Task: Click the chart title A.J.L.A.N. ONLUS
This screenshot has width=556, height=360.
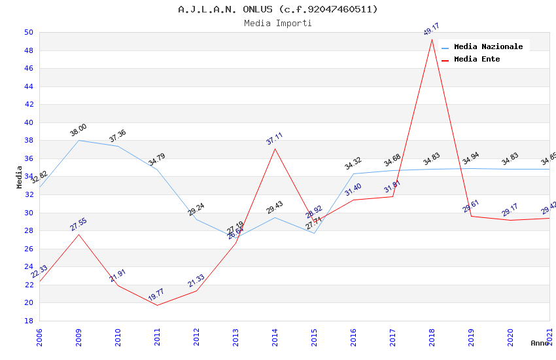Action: (x=278, y=9)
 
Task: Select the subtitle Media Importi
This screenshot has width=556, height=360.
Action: (x=278, y=23)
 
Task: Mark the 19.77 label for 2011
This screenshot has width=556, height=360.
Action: (x=156, y=295)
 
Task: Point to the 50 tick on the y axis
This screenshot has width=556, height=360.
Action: (x=28, y=32)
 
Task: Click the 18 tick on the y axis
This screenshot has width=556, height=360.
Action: (x=28, y=321)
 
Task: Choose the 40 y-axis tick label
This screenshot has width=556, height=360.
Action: (x=28, y=122)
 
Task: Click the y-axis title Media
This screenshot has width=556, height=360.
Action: (x=19, y=177)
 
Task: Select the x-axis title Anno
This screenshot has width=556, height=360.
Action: (x=540, y=343)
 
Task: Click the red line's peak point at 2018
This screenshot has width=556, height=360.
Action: (x=432, y=39)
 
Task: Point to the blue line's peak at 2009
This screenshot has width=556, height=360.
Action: (x=78, y=140)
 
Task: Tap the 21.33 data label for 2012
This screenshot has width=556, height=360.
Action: (x=196, y=281)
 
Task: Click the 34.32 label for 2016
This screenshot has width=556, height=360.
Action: (x=353, y=164)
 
